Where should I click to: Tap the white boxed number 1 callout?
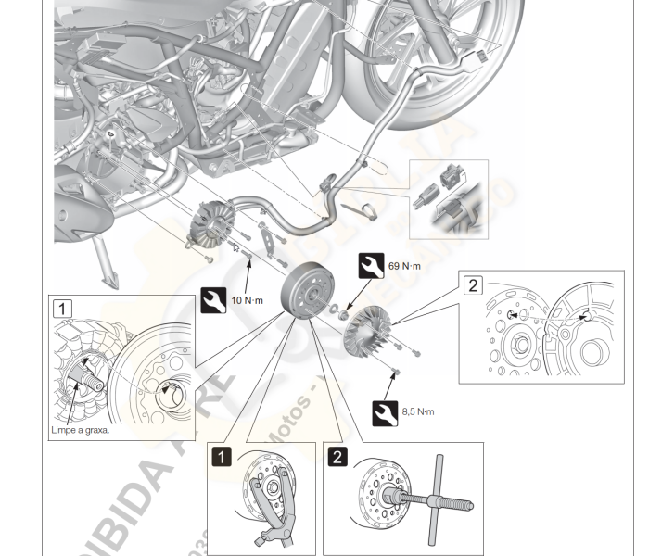tap(63, 308)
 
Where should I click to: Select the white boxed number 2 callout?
tap(474, 284)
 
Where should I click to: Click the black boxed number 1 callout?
tap(221, 455)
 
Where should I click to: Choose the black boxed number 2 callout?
tap(337, 455)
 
